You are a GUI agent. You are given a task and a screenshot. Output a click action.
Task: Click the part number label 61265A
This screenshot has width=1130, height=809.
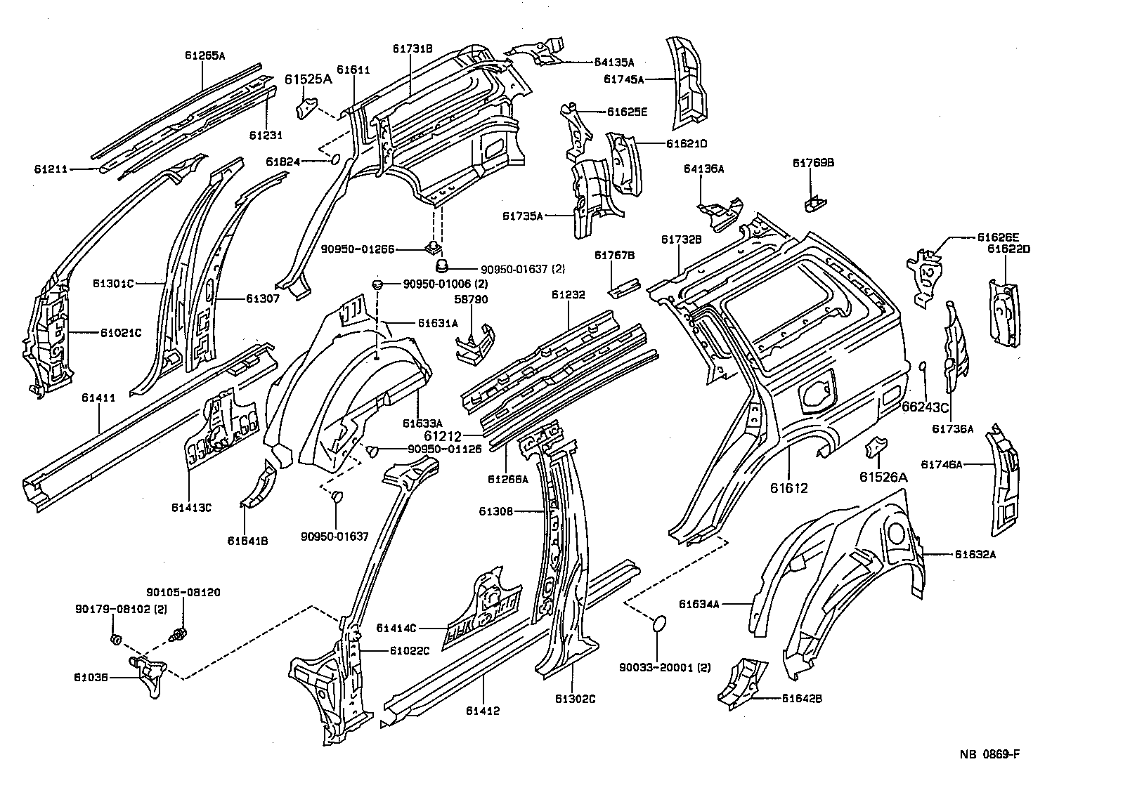[204, 55]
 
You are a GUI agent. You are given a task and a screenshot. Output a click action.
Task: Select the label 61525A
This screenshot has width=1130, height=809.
[308, 79]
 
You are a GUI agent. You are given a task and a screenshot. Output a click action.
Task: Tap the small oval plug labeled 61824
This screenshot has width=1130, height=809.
[335, 160]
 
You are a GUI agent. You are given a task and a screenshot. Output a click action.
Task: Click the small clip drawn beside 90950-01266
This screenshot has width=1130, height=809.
[432, 247]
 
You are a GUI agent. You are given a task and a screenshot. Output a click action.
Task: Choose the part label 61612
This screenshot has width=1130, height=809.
[788, 488]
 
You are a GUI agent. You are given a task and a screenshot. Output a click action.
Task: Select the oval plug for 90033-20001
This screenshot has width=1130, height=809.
[659, 624]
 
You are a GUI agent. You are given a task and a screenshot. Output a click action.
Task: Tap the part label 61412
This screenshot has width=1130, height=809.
[482, 711]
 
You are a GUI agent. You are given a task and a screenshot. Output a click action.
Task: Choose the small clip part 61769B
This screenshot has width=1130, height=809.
[814, 204]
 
